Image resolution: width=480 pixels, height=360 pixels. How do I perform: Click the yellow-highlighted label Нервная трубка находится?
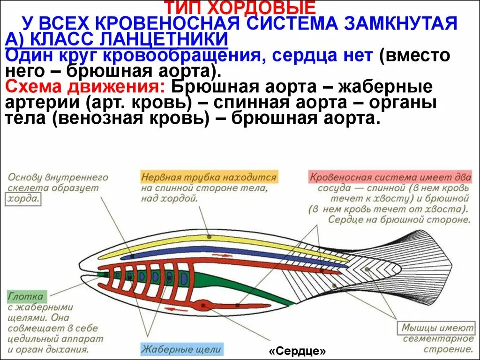(209, 178)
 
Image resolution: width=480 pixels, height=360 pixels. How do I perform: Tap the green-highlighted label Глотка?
(25, 297)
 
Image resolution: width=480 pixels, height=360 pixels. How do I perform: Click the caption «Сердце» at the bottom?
(297, 351)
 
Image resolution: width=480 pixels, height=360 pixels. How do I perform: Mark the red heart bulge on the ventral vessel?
(204, 305)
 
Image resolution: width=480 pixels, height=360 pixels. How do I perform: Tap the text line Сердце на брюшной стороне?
(398, 219)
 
